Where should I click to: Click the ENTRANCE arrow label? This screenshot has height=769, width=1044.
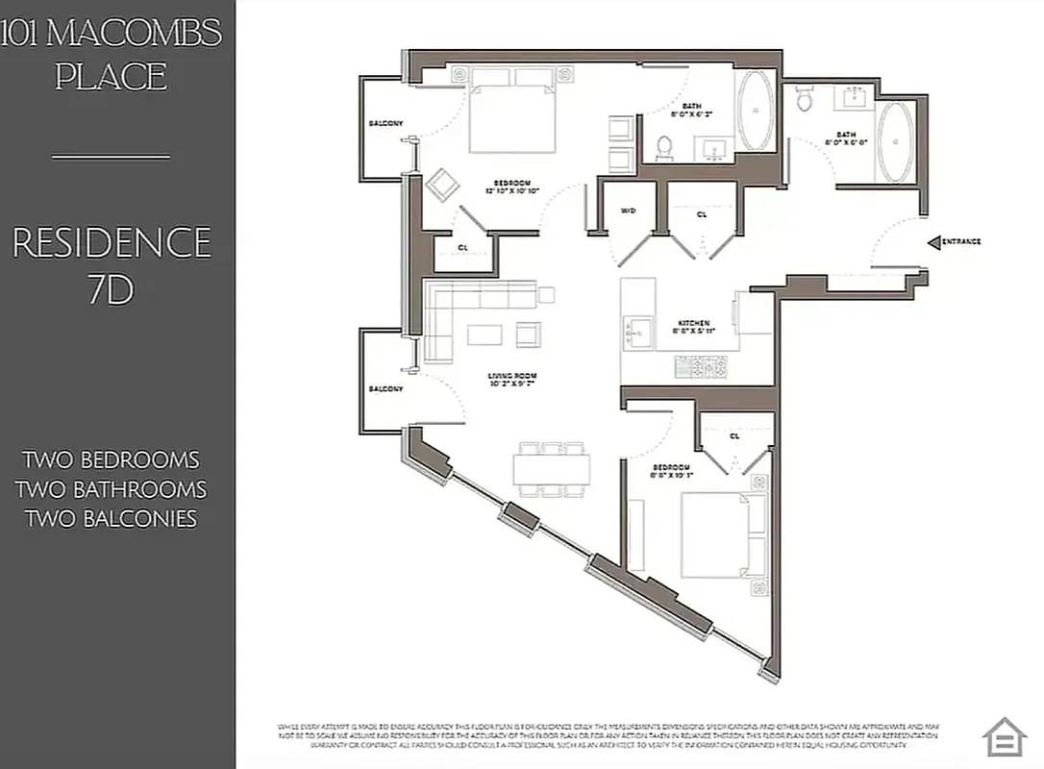[x=955, y=242]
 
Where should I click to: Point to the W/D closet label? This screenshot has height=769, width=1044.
[x=628, y=211]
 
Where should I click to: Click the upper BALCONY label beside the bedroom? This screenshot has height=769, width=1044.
[x=385, y=123]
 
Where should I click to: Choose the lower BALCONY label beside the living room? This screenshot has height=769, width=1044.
[x=385, y=389]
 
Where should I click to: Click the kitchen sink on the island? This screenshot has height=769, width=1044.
[x=637, y=335]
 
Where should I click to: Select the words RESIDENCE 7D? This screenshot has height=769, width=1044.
[x=112, y=265]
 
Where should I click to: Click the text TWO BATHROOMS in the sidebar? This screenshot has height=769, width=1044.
[x=112, y=489]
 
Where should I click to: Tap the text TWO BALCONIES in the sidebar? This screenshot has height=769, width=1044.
[x=112, y=519]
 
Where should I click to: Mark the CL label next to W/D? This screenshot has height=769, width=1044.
[x=702, y=214]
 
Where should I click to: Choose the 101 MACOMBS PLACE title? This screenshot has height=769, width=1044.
[x=112, y=54]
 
